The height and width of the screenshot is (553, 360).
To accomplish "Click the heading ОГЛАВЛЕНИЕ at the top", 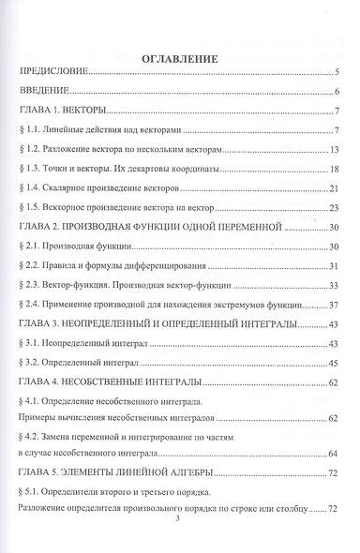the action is pyautogui.click(x=178, y=58).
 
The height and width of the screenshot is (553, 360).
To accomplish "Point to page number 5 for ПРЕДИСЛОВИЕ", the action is pyautogui.click(x=336, y=73).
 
